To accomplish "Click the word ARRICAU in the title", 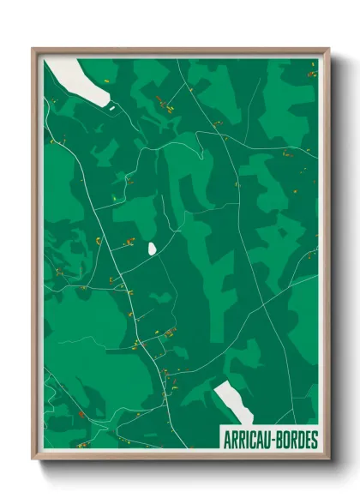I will pos(248,440).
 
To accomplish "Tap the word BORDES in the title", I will pos(297,440).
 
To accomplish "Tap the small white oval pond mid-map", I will pos(152,249).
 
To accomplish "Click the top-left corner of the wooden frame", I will pos(33,49).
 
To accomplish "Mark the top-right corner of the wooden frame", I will pos(328,49).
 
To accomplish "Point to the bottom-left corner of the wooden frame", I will pos(33,460).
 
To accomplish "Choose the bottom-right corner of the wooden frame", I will pos(328,460).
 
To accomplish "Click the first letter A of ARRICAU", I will pos(226,440).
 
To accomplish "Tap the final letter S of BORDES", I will pos(315,440).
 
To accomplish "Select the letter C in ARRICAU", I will pos(254,440).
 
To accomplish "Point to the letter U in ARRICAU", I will pos(268,440).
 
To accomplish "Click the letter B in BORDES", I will pos(279,440).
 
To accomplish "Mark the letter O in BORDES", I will pos(285,440).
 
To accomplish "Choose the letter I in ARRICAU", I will pos(248,440).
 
